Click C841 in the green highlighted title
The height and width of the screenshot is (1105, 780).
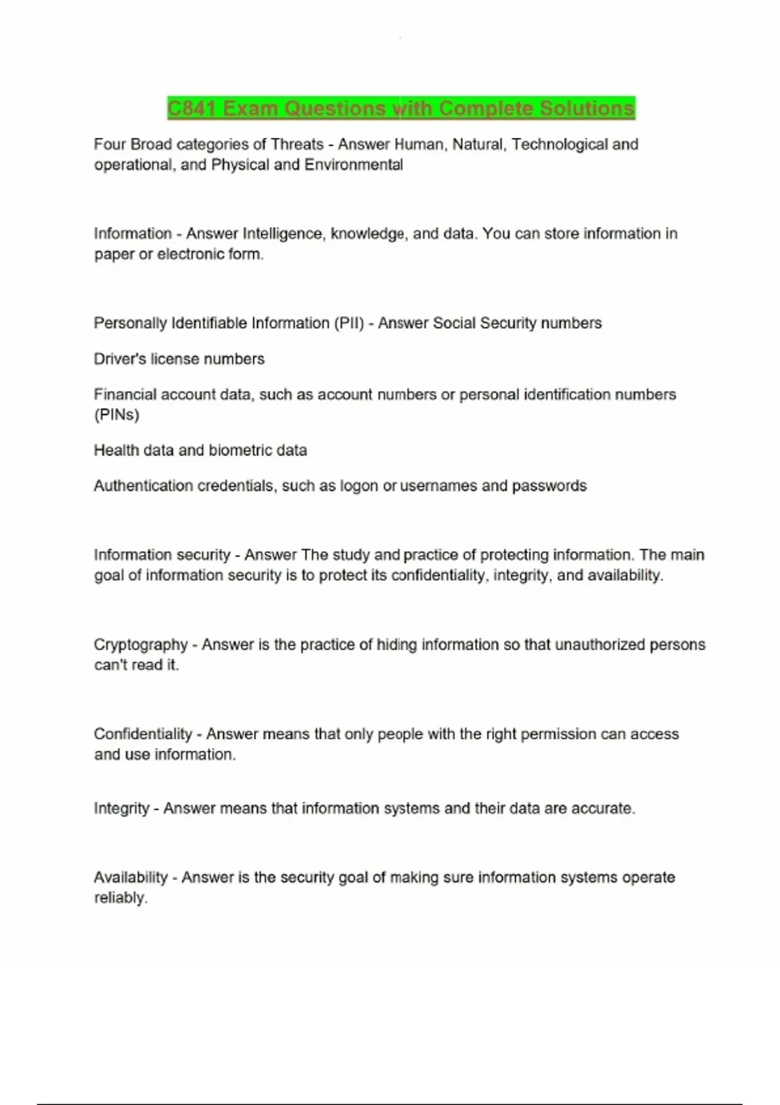(191, 108)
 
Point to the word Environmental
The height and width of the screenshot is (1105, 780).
(354, 164)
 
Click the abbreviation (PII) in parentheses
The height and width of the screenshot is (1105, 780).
(349, 323)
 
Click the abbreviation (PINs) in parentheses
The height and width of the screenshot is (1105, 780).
(116, 415)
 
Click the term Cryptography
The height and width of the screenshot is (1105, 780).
(140, 645)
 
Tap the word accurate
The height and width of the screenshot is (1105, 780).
(603, 809)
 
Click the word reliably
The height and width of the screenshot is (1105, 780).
(120, 898)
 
